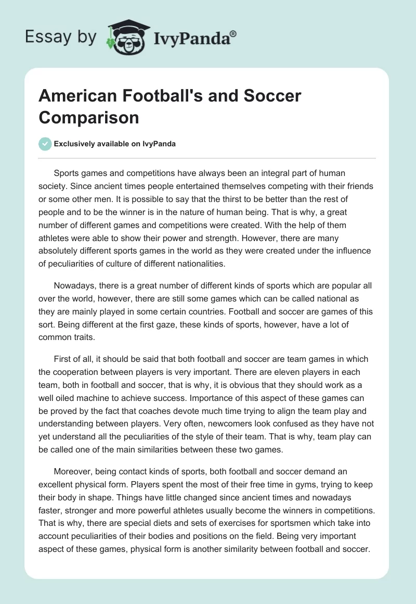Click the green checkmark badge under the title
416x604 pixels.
tap(45, 144)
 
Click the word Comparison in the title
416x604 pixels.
tap(89, 118)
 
